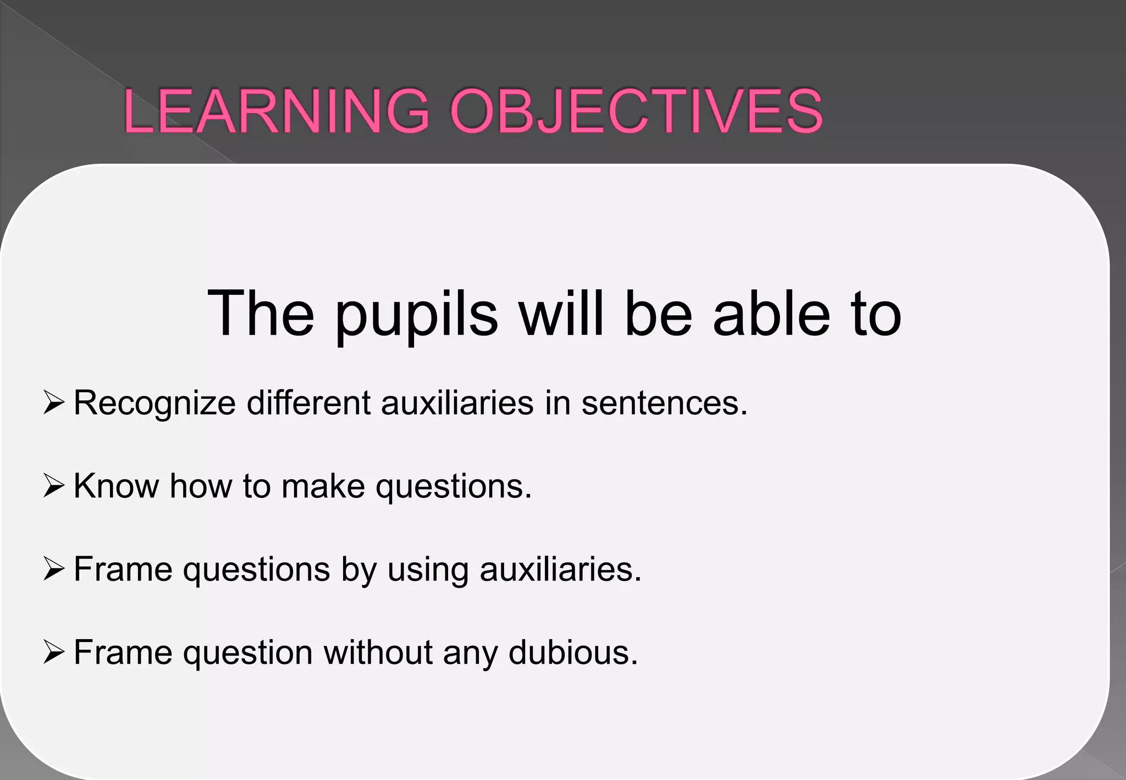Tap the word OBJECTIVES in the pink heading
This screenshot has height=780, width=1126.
coord(636,111)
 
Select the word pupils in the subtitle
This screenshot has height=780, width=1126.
coord(416,315)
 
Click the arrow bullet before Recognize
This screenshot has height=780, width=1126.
coord(54,403)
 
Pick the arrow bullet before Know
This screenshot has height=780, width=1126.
coord(54,486)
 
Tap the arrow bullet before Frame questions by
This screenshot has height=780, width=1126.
coord(54,569)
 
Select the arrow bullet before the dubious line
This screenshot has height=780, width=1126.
coord(54,652)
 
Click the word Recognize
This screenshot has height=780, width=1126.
coord(154,404)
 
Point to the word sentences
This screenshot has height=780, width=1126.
coord(664,403)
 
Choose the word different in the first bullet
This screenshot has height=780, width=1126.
coord(308,403)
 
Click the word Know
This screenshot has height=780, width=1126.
coord(116,486)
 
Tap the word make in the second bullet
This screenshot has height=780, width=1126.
coord(323,486)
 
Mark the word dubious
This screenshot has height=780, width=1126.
coord(572,652)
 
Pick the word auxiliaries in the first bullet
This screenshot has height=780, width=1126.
coord(457,403)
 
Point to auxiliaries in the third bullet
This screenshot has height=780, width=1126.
coord(560,569)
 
